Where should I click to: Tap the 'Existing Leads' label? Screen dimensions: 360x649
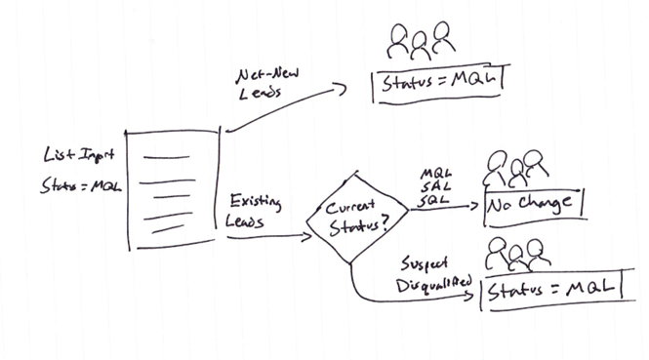(x=253, y=212)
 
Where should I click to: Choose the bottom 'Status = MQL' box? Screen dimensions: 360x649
(x=551, y=289)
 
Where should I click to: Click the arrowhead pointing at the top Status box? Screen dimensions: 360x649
(x=342, y=88)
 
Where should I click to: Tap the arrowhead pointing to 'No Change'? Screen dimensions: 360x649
(x=478, y=207)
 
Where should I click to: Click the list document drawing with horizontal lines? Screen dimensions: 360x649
(x=174, y=188)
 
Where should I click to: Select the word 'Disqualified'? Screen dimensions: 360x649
(x=434, y=284)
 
